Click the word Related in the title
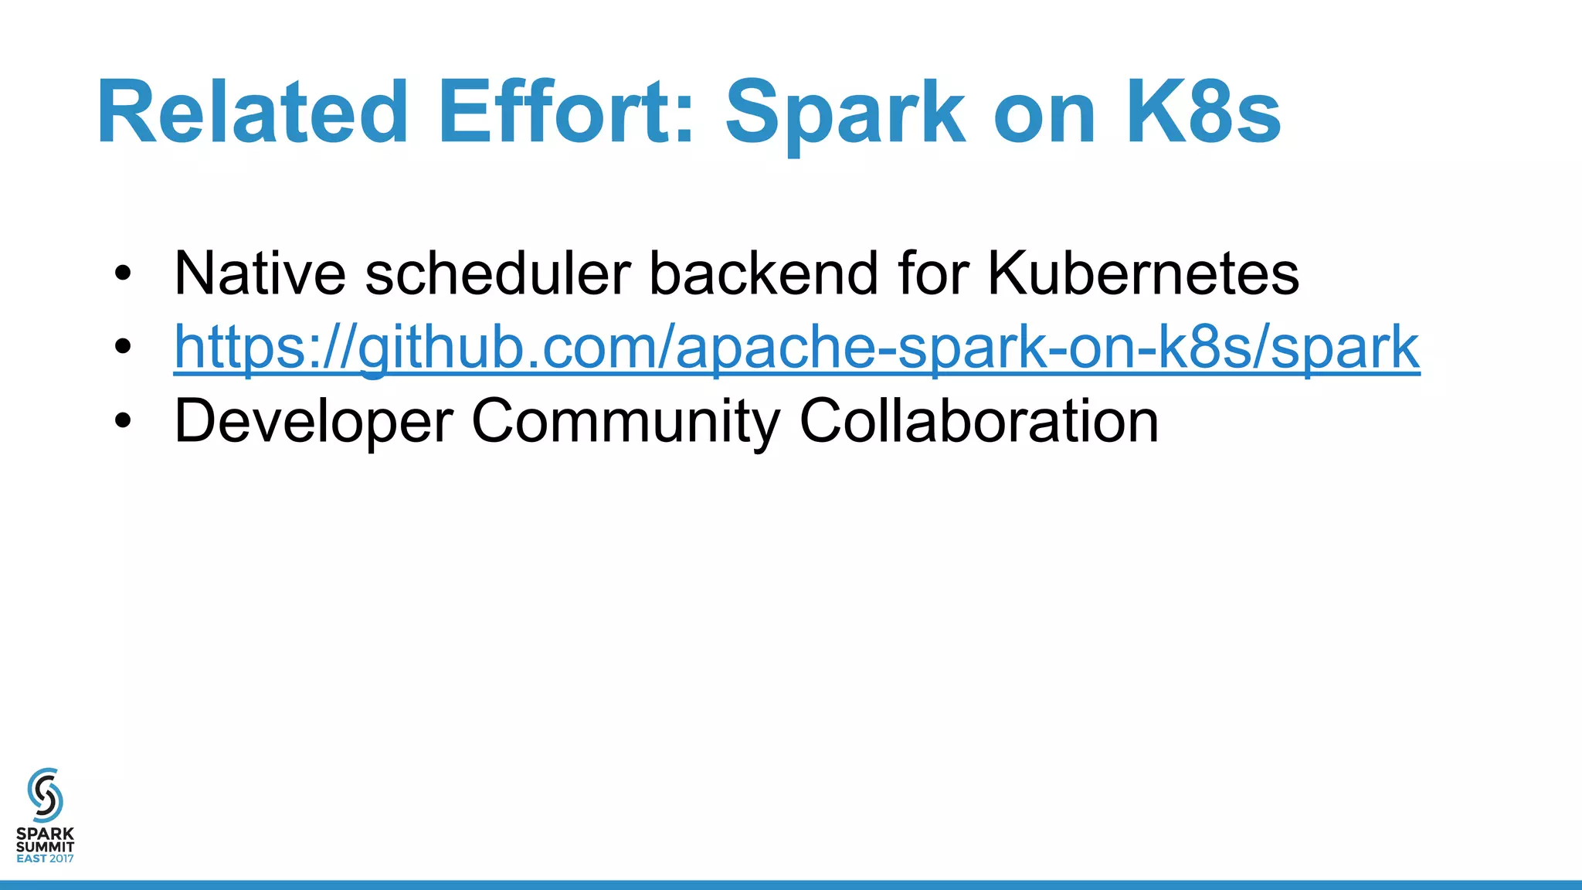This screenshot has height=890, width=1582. click(x=252, y=113)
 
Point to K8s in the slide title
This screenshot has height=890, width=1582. click(x=1203, y=113)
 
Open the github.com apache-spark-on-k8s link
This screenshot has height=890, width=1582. click(x=796, y=348)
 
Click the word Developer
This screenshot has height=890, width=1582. click(x=314, y=422)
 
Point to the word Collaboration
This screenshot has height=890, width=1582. click(x=979, y=420)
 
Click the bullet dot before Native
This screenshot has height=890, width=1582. click(x=122, y=274)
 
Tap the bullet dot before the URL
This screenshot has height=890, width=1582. click(x=122, y=348)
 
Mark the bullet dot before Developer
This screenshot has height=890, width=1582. click(x=122, y=422)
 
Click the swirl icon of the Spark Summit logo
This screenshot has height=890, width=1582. click(x=45, y=795)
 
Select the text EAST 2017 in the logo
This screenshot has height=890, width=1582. click(x=45, y=858)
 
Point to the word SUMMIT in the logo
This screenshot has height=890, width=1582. click(x=45, y=847)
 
